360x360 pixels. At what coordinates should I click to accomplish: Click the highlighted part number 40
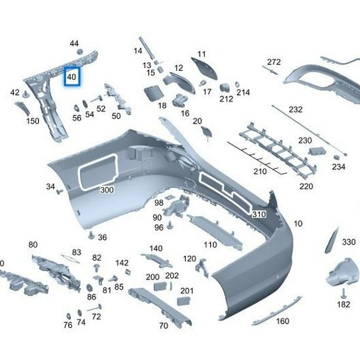(x=71, y=77)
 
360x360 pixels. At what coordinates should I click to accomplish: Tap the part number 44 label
(x=74, y=43)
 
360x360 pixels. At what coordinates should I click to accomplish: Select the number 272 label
(x=274, y=62)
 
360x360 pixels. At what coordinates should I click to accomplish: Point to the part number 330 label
(x=348, y=242)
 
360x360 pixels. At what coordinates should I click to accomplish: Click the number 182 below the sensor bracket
(x=344, y=304)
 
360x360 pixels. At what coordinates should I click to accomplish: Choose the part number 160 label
(x=282, y=321)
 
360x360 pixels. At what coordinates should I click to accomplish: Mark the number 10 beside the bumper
(x=298, y=224)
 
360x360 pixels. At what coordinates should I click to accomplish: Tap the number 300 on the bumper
(x=107, y=190)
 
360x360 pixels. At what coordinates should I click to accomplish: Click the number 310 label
(x=259, y=214)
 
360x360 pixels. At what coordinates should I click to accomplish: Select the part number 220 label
(x=306, y=186)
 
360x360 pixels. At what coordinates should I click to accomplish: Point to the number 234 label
(x=338, y=167)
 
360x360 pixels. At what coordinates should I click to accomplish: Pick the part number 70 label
(x=164, y=325)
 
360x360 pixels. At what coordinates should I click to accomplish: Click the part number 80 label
(x=33, y=245)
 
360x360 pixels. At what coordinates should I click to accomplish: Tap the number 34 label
(x=50, y=187)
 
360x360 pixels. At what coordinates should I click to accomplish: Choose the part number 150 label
(x=32, y=121)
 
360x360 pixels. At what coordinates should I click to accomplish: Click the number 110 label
(x=209, y=245)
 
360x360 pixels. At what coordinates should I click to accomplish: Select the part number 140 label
(x=156, y=248)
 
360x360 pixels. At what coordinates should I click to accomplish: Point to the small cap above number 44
(x=79, y=51)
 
